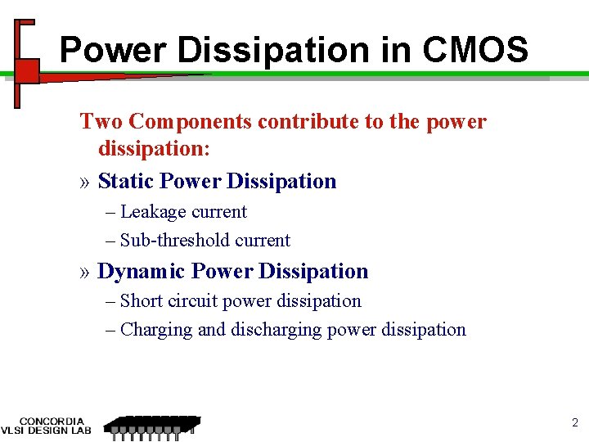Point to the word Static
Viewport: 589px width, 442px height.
click(127, 181)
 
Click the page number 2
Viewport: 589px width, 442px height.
click(573, 422)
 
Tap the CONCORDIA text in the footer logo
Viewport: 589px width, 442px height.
click(52, 421)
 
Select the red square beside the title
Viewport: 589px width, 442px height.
click(28, 70)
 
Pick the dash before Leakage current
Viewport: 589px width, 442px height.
click(110, 212)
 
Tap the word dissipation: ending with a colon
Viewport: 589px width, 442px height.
click(154, 151)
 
